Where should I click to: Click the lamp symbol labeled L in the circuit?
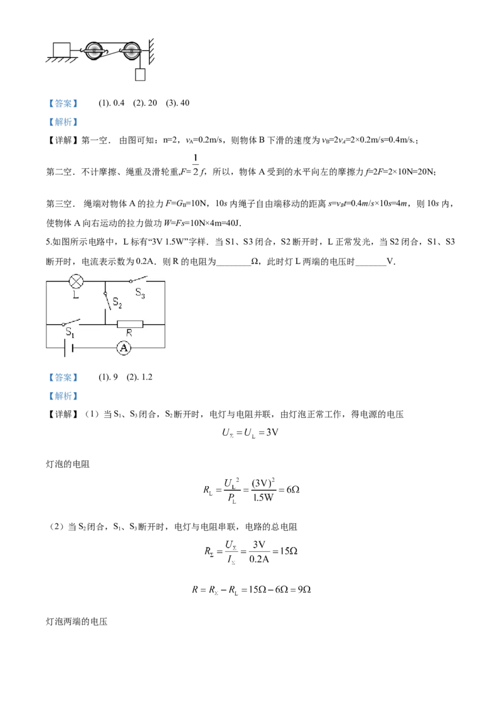point(76,281)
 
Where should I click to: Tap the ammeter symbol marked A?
point(124,347)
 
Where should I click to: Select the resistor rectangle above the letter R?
point(130,324)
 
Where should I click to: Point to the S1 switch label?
point(70,332)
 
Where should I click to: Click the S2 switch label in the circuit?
point(117,302)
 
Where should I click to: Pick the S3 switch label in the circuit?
point(140,293)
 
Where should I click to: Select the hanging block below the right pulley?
point(140,74)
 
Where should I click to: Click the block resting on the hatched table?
point(61,49)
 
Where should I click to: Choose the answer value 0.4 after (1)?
point(119,103)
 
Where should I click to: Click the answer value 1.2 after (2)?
point(146,377)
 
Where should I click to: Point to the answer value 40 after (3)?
point(184,103)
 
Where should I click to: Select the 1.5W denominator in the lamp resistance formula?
point(263,497)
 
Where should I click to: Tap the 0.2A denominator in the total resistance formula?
point(259,559)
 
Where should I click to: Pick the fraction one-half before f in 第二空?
point(196,165)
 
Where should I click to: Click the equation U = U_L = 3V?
point(250,433)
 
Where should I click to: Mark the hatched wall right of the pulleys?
point(151,51)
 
